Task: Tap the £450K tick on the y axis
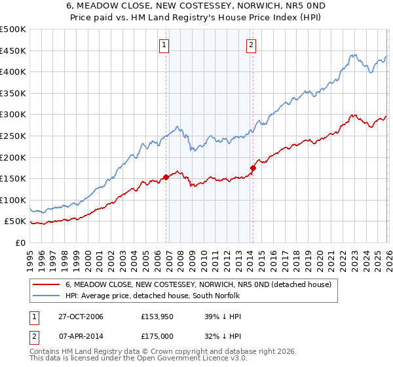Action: click(x=13, y=50)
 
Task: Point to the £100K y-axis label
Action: click(x=13, y=200)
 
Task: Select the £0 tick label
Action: click(x=20, y=242)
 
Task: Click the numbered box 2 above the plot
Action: click(x=251, y=45)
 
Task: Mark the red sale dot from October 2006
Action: click(x=166, y=176)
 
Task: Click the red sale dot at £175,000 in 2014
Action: click(x=253, y=168)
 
